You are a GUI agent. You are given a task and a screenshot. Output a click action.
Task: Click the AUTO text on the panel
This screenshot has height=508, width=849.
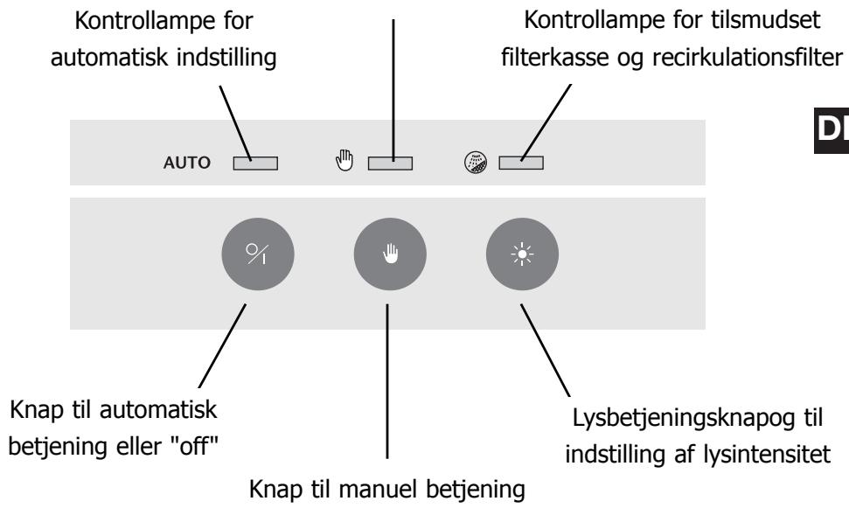tap(187, 163)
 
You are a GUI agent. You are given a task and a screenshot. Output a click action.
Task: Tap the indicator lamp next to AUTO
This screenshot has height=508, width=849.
tap(255, 163)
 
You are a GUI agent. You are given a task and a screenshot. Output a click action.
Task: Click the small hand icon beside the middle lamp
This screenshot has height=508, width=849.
tap(344, 160)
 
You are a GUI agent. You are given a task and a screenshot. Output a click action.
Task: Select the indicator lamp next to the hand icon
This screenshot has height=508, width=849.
tap(390, 163)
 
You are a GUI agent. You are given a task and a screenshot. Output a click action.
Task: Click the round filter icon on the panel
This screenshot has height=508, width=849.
tap(476, 163)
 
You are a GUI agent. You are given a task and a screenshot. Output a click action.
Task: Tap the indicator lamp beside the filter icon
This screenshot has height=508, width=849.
tap(521, 163)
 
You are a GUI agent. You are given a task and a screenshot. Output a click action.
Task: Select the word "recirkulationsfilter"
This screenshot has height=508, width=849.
tap(748, 57)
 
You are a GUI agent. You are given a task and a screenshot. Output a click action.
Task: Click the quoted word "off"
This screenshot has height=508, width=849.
tap(194, 446)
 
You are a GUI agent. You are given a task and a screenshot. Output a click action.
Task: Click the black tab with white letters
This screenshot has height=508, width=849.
tap(832, 130)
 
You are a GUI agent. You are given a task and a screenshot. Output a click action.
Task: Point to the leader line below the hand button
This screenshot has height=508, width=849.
tap(387, 381)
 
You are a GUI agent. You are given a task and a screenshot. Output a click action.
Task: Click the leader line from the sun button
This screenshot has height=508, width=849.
tap(546, 351)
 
